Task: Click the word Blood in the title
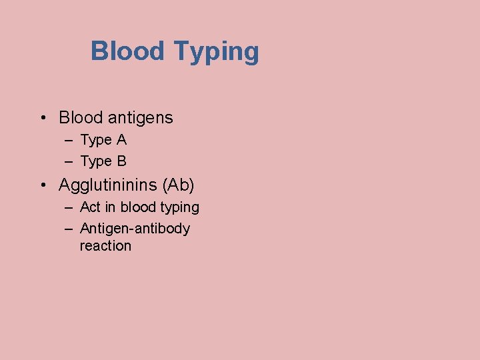128,51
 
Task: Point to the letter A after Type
121,140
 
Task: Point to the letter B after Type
121,161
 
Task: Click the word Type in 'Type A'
95,141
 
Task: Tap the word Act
90,207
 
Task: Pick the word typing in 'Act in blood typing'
179,208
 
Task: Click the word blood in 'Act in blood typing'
137,207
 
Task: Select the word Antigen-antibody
135,229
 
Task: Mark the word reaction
105,246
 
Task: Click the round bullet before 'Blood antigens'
42,119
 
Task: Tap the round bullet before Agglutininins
42,185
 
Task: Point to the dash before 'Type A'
69,141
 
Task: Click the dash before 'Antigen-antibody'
69,229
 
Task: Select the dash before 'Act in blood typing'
69,207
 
